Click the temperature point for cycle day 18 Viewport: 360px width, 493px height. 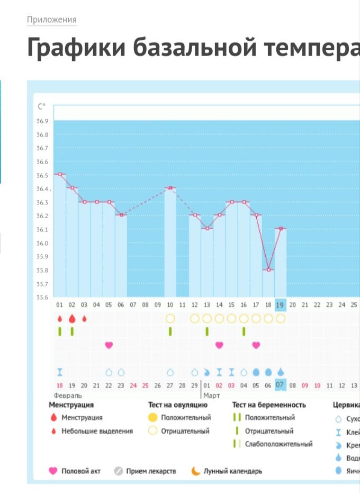[268, 270]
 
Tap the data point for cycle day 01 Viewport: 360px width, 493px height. [60, 174]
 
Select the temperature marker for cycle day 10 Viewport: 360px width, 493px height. [170, 188]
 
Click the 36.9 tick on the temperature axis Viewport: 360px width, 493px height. [42, 121]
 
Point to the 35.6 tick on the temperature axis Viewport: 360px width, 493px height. [42, 297]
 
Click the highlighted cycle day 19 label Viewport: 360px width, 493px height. [281, 305]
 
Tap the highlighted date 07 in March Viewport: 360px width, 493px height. [281, 385]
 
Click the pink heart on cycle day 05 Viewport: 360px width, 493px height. [109, 345]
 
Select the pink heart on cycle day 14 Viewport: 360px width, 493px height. [219, 345]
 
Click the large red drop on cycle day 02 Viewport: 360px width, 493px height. [72, 319]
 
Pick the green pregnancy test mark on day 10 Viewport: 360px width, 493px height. [170, 331]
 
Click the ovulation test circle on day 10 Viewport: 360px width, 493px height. [170, 319]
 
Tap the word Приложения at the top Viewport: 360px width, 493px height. [52, 20]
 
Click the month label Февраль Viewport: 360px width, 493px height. [68, 395]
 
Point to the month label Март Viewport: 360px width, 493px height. [211, 395]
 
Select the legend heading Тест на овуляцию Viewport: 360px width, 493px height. [177, 405]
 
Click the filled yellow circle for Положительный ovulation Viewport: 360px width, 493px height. [153, 418]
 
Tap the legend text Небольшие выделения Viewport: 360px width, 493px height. [97, 431]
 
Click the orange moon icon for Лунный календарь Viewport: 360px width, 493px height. [196, 471]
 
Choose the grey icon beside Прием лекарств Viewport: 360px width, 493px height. [119, 471]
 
